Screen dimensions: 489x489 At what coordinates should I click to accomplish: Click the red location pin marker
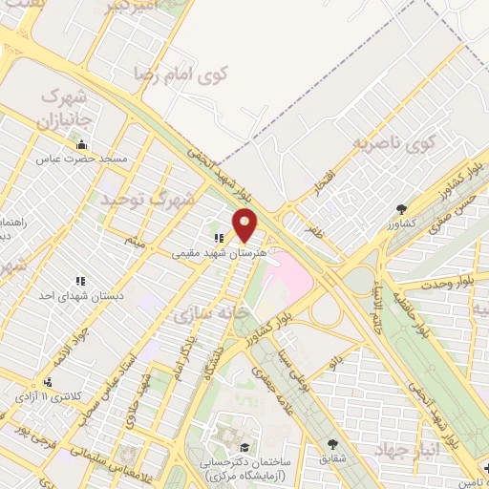pos(244,224)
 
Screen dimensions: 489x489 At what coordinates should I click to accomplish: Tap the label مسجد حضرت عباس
pos(81,158)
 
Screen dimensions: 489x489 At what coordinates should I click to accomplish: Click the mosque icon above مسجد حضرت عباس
pos(81,145)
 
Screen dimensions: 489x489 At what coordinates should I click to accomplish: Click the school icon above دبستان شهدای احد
pos(80,282)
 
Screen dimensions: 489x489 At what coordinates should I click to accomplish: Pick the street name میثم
pos(135,243)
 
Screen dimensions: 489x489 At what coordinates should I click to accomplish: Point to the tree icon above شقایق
pos(331,444)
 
